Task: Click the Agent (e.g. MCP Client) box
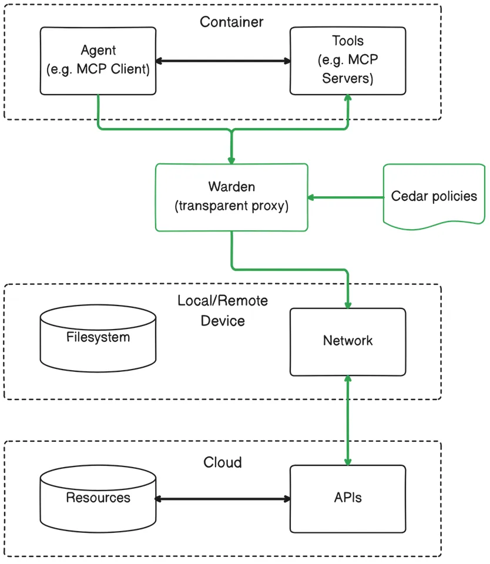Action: click(x=98, y=60)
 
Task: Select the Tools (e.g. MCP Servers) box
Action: click(x=348, y=60)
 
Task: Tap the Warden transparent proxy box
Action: click(x=231, y=197)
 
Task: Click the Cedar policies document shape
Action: click(x=434, y=196)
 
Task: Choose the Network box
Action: click(x=348, y=341)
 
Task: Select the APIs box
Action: click(x=348, y=498)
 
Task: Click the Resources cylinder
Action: click(x=98, y=499)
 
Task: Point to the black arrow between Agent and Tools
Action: click(x=223, y=61)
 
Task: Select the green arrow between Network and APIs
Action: click(x=348, y=421)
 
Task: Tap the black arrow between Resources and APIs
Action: click(x=223, y=499)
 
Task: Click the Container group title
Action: click(x=231, y=22)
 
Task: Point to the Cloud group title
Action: click(x=223, y=462)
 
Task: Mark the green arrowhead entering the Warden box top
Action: click(x=231, y=160)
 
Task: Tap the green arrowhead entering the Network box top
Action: click(x=348, y=304)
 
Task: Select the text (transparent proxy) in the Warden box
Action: click(x=231, y=207)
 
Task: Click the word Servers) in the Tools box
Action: click(x=348, y=78)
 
